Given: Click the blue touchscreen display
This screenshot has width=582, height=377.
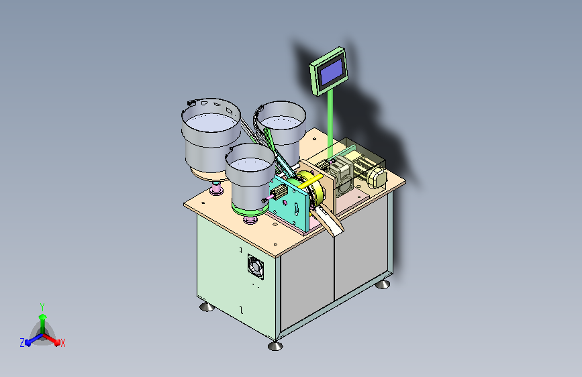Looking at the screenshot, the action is [332, 72].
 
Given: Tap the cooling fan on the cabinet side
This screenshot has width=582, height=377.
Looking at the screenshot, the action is [256, 267].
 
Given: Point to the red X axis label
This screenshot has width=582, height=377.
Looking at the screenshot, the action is [63, 343].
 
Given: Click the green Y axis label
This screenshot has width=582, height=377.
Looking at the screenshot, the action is [42, 307].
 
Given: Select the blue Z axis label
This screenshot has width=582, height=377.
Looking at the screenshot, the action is [22, 343].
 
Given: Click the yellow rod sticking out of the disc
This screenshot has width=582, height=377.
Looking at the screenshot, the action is [309, 182].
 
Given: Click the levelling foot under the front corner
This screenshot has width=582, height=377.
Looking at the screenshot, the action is [275, 345].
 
